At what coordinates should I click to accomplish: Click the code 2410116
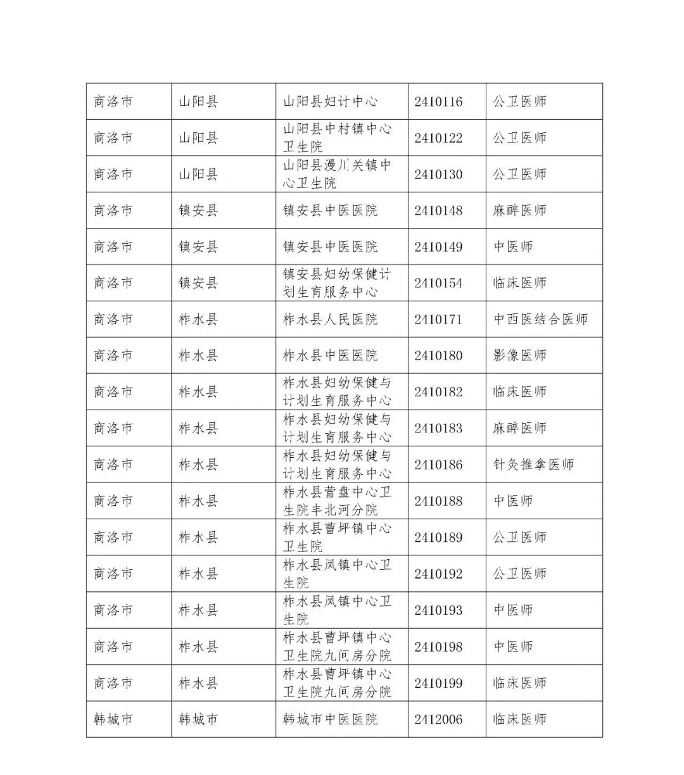coord(438,101)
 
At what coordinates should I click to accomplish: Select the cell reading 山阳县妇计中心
coord(330,101)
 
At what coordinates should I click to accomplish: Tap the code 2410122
coord(438,138)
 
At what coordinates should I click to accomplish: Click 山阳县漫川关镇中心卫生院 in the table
coord(336,174)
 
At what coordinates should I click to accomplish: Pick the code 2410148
coord(438,210)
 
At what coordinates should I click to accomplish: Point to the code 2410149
coord(438,247)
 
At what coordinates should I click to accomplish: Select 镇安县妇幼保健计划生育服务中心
coord(336,283)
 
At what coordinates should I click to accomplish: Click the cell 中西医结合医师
coord(540,319)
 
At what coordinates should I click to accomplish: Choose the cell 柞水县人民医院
coord(330,319)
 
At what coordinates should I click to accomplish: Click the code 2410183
coord(438,429)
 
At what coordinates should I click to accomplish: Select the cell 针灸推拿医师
coord(533,465)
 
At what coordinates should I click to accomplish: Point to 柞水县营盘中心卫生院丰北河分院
coord(336,501)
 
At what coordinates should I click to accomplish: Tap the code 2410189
coord(438,538)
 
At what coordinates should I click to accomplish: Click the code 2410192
coord(438,574)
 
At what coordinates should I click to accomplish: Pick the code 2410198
coord(438,646)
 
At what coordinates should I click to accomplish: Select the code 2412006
coord(438,719)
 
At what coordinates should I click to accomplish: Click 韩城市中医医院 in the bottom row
coord(330,719)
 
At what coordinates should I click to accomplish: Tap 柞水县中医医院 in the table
coord(330,356)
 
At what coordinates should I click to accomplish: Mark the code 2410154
coord(438,283)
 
